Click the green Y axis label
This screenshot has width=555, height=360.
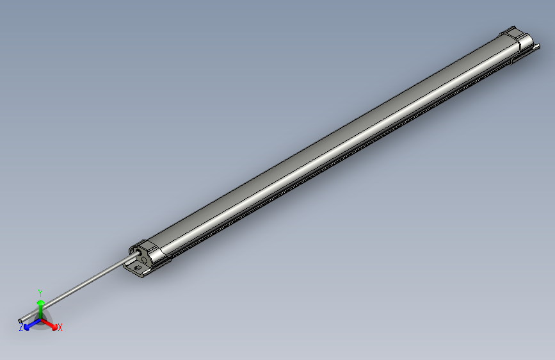pos(40,293)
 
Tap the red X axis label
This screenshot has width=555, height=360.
pos(60,327)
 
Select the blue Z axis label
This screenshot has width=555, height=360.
pos(21,327)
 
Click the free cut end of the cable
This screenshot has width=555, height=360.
pos(21,319)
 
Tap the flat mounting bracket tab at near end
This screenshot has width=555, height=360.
pos(136,268)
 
